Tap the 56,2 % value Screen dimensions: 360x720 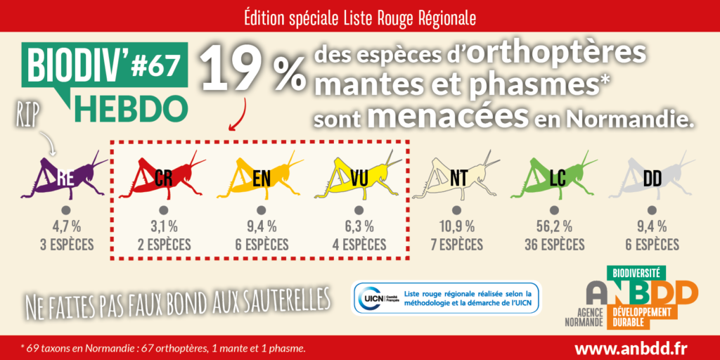pyautogui.click(x=554, y=226)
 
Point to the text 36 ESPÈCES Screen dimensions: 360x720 pyautogui.click(x=554, y=245)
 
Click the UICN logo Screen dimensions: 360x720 pyautogui.click(x=377, y=299)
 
